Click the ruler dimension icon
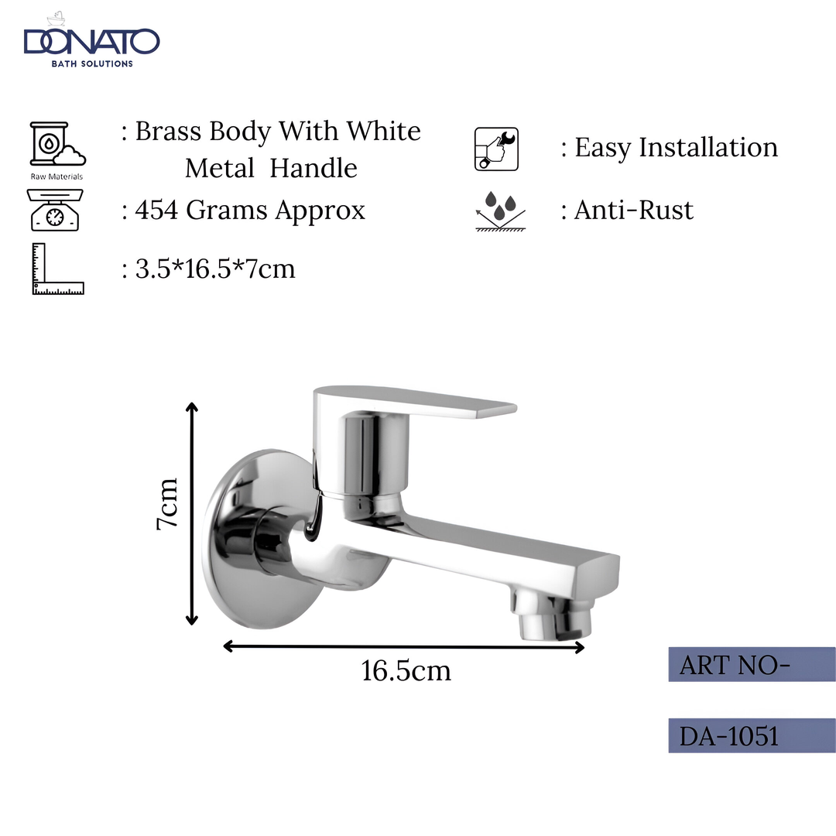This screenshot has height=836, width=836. [57, 269]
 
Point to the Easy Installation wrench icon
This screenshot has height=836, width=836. [496, 149]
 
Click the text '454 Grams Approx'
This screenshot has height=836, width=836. [249, 211]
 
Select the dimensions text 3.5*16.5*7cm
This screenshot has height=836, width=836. [215, 269]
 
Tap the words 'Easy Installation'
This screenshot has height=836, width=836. [675, 147]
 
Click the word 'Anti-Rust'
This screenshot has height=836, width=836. [633, 211]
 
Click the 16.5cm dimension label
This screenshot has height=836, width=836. [406, 670]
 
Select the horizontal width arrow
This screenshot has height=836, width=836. [403, 647]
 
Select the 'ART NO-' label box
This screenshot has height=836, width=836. [751, 665]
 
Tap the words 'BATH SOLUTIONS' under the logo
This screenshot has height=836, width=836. [91, 63]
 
